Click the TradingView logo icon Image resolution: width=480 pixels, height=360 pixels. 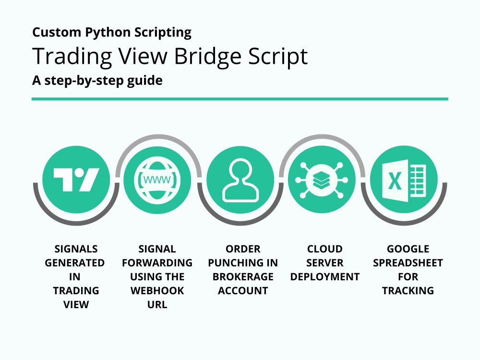(x=76, y=180)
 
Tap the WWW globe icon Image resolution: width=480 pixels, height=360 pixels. (x=157, y=180)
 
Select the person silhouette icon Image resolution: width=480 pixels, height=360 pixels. (x=240, y=180)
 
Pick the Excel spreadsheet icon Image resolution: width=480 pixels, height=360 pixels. (x=404, y=180)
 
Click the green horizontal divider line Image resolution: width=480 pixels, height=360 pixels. (x=240, y=99)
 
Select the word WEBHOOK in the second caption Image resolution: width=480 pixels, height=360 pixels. (x=157, y=290)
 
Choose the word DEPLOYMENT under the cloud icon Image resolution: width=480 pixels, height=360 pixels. (x=325, y=276)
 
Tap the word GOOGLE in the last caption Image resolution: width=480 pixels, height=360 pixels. (x=408, y=249)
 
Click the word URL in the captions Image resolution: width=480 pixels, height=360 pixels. (x=157, y=304)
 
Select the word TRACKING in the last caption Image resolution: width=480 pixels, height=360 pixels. (x=408, y=290)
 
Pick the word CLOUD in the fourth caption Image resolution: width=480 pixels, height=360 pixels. (x=325, y=249)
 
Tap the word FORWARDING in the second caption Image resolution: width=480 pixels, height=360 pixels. (x=157, y=263)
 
